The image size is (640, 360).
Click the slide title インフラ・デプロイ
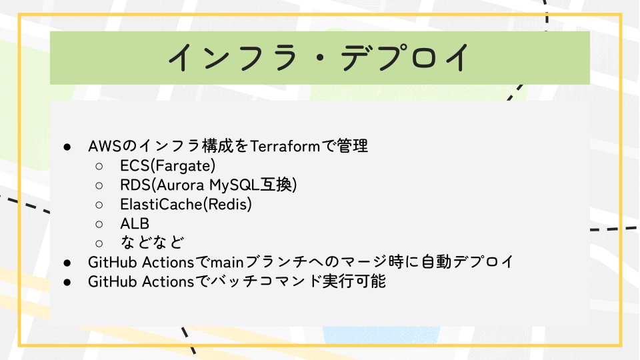[319, 57]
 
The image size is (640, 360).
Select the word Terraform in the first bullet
[285, 146]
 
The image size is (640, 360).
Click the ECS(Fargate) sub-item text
[168, 166]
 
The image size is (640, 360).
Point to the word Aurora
[180, 185]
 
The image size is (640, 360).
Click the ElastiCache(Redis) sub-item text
[186, 204]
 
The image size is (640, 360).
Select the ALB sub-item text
[135, 224]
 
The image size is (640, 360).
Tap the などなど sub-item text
[152, 243]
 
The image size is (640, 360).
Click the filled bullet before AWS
[67, 147]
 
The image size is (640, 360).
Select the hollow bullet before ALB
[99, 224]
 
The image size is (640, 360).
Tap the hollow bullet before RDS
[99, 186]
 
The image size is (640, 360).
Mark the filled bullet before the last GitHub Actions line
[67, 282]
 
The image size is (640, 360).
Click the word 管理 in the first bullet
[352, 146]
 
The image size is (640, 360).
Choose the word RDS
[135, 185]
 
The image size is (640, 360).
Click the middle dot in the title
[319, 58]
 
